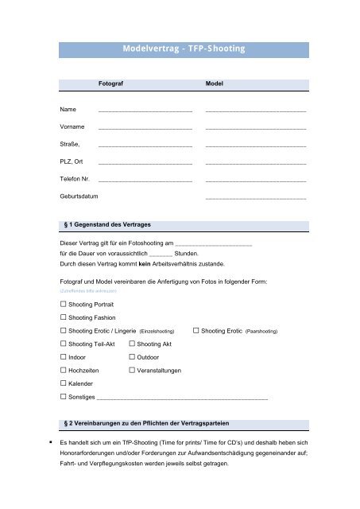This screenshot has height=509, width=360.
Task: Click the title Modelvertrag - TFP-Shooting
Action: click(x=184, y=49)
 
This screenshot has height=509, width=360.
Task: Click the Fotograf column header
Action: click(x=110, y=83)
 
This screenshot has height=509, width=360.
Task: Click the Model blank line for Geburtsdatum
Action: click(x=255, y=197)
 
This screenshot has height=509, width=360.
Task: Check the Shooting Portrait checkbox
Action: click(x=64, y=305)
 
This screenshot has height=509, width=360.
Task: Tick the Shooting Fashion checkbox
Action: click(x=64, y=317)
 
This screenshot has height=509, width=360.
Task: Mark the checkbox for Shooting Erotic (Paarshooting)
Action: click(x=196, y=330)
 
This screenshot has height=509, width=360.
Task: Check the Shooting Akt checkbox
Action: click(x=133, y=344)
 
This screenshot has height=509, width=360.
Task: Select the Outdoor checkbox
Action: click(x=133, y=357)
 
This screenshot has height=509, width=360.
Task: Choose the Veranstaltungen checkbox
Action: click(x=133, y=371)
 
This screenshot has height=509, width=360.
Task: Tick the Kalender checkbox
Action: click(x=64, y=383)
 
